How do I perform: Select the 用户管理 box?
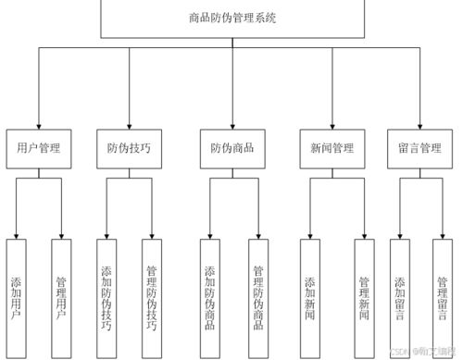(39, 148)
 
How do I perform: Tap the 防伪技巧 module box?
(129, 148)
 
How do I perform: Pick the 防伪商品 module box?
(231, 148)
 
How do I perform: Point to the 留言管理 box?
(419, 148)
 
